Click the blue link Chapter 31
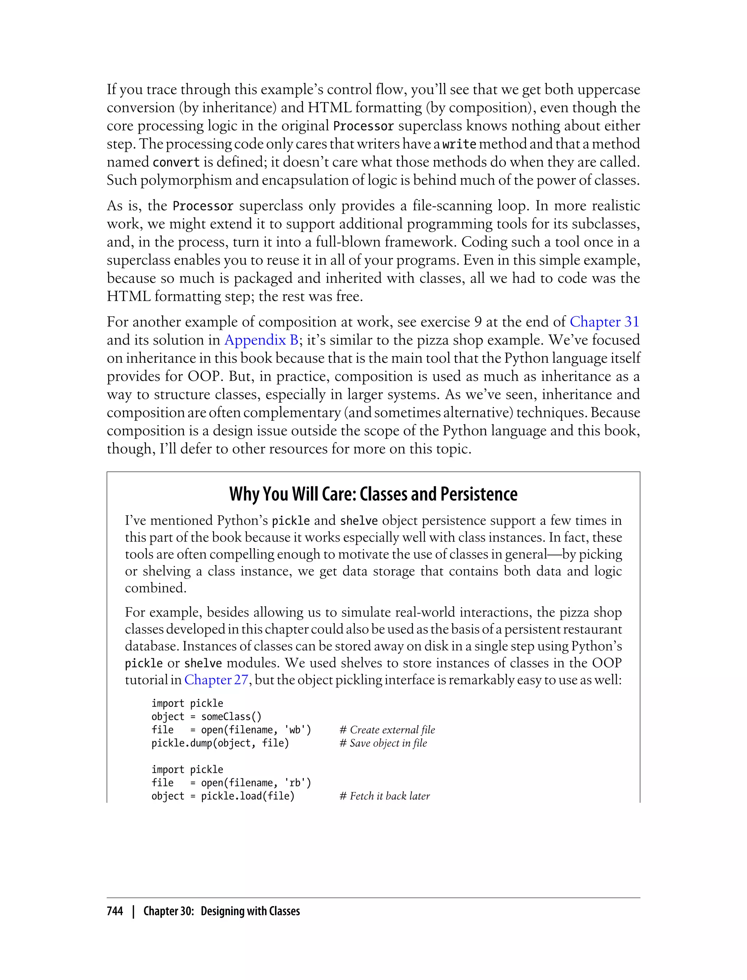pyautogui.click(x=604, y=322)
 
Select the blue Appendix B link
pyautogui.click(x=261, y=340)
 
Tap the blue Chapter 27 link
pyautogui.click(x=216, y=680)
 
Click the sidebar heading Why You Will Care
pyautogui.click(x=373, y=494)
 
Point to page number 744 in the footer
pyautogui.click(x=115, y=911)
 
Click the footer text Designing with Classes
pyautogui.click(x=250, y=911)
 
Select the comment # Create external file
pyautogui.click(x=387, y=730)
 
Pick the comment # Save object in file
pyautogui.click(x=383, y=743)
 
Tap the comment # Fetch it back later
pyautogui.click(x=384, y=796)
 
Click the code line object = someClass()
pyautogui.click(x=206, y=716)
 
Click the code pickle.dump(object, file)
pyautogui.click(x=220, y=743)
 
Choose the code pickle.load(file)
pyautogui.click(x=248, y=796)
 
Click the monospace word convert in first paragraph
pyautogui.click(x=176, y=162)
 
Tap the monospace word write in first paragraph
pyautogui.click(x=459, y=144)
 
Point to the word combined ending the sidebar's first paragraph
pyautogui.click(x=155, y=588)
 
